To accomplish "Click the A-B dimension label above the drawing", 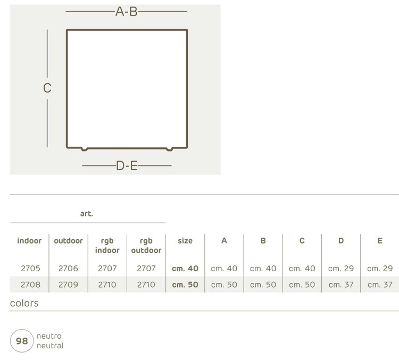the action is click(x=127, y=12).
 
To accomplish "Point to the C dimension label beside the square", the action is click(x=47, y=88).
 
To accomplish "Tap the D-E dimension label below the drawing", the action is click(x=127, y=165).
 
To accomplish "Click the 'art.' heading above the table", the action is click(x=87, y=213).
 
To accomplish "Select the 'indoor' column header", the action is click(x=29, y=241).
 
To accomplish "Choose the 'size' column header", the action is click(x=185, y=241).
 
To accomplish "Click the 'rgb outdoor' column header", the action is click(x=146, y=246).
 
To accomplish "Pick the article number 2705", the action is click(x=30, y=269).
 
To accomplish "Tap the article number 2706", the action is click(x=68, y=269).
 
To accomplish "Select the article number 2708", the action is click(x=30, y=284).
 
